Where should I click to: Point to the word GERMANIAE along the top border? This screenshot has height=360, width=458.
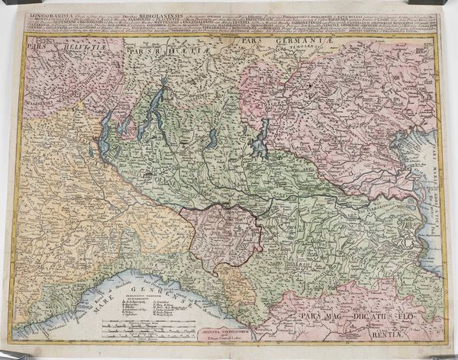[295, 38]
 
